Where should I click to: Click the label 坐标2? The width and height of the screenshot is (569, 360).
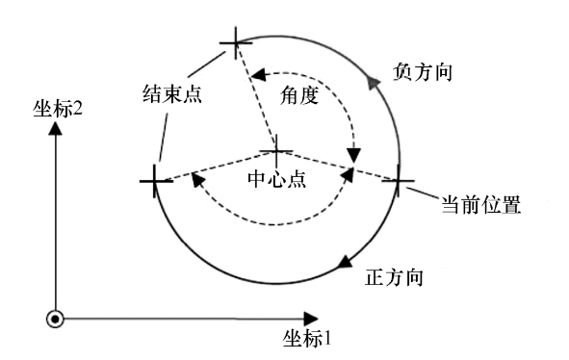(x=61, y=108)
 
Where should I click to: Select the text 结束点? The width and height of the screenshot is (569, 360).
(x=173, y=94)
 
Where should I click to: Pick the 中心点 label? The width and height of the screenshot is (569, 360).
(x=277, y=180)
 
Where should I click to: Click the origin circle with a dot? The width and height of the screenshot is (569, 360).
(x=56, y=319)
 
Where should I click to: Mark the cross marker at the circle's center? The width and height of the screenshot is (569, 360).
(x=277, y=152)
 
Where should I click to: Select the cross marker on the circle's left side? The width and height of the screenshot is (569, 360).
(x=154, y=180)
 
